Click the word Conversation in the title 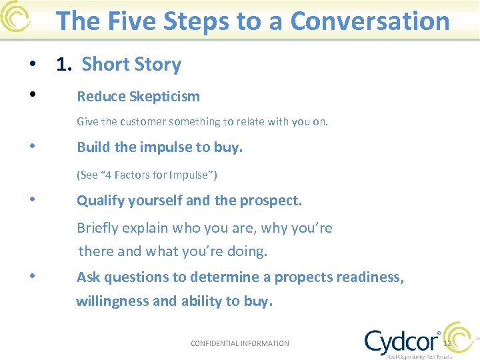[370, 21]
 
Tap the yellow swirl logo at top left [15, 17]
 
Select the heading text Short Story [131, 65]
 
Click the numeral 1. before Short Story [64, 65]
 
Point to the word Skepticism [167, 97]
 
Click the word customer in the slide [139, 122]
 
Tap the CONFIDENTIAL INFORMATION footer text [240, 343]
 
